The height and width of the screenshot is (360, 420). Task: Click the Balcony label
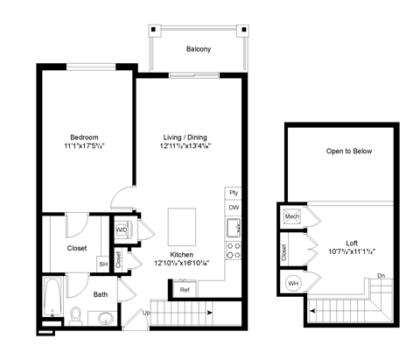point(198,49)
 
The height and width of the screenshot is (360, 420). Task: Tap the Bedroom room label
point(85,138)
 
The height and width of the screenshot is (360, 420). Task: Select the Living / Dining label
point(185,138)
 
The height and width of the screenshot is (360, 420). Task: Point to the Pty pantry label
point(234,192)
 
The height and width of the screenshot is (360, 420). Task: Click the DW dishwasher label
point(234,208)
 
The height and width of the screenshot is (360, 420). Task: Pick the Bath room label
point(101,295)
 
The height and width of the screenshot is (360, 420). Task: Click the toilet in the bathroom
point(76,315)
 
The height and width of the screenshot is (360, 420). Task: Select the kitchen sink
point(233,229)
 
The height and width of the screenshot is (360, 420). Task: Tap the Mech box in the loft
point(291,215)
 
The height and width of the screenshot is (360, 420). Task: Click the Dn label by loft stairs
point(380,276)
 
